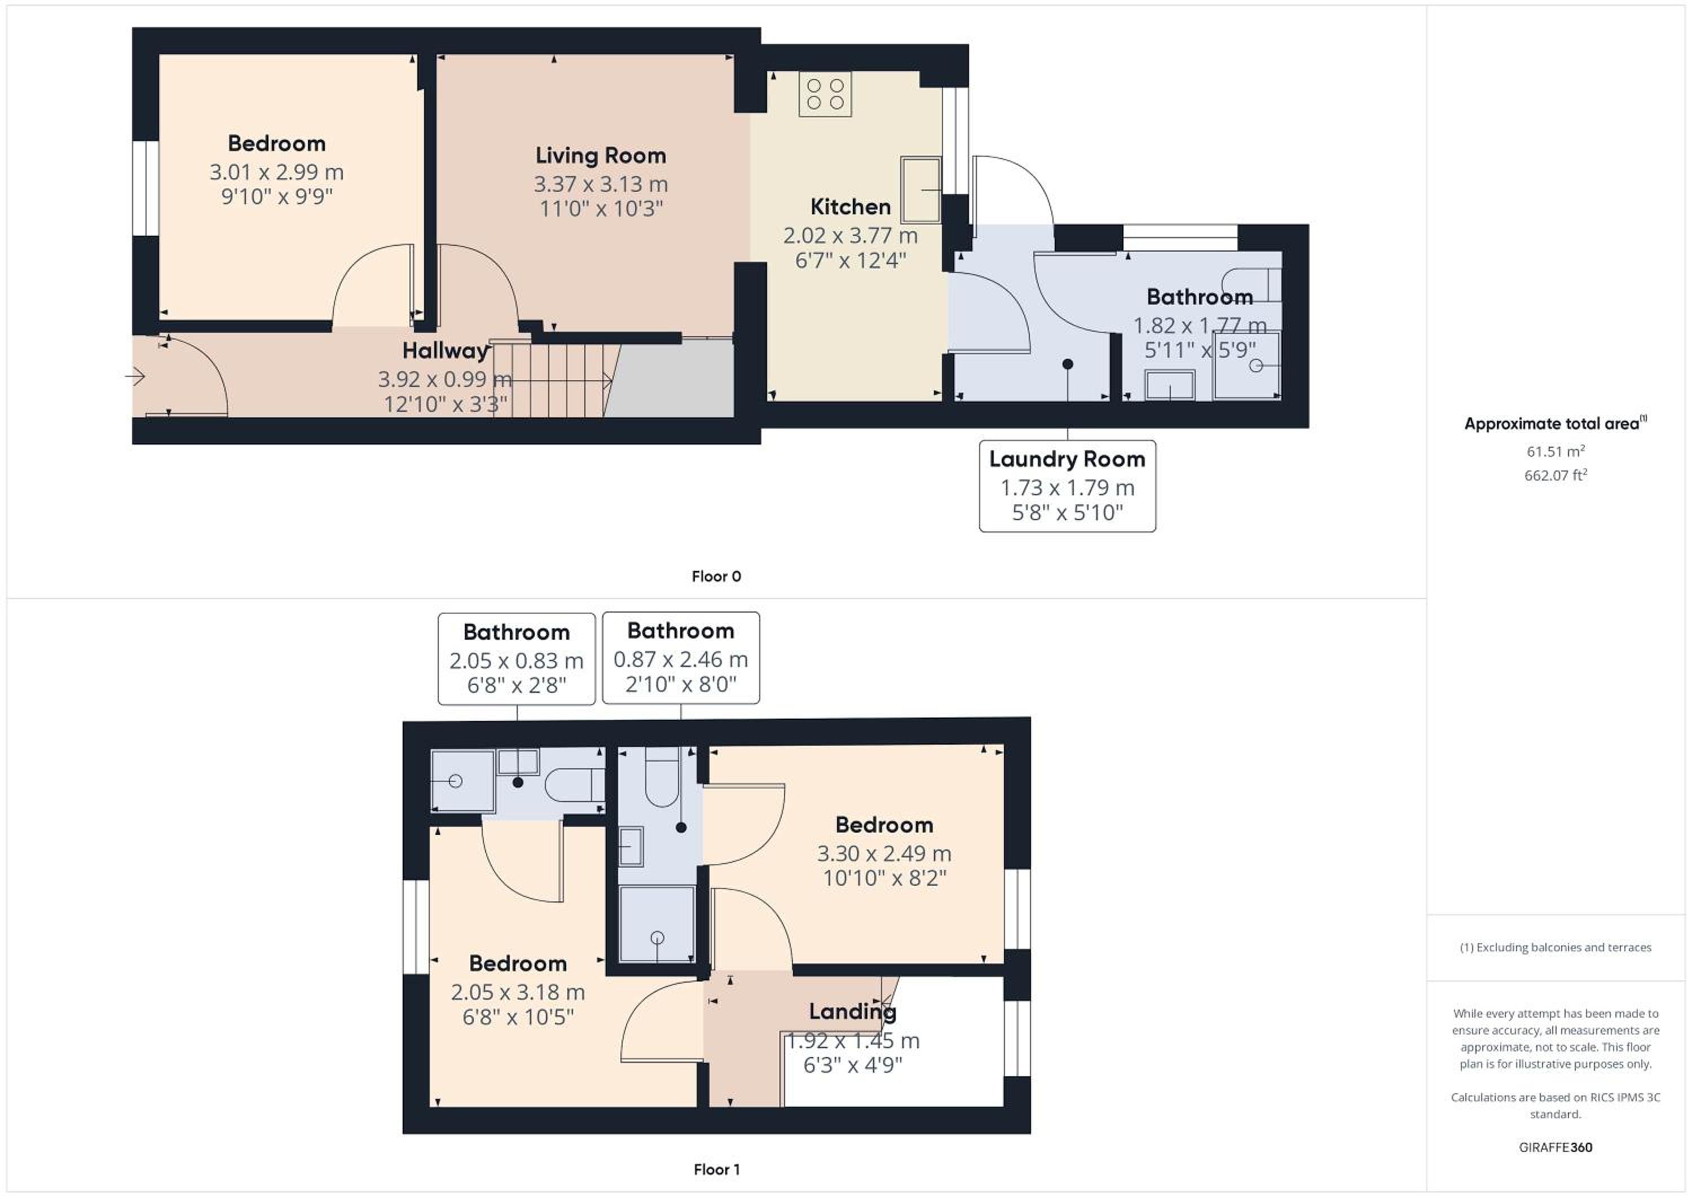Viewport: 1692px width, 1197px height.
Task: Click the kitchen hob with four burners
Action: [x=825, y=94]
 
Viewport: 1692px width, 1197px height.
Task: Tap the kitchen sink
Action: [x=920, y=190]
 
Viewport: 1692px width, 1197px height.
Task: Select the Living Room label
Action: [x=601, y=156]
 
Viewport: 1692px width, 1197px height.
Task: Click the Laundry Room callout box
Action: [x=1067, y=486]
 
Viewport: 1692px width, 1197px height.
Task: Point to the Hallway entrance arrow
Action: [x=135, y=377]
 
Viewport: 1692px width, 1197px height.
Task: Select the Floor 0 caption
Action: [x=716, y=577]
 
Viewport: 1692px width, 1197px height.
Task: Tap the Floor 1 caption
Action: [x=716, y=1169]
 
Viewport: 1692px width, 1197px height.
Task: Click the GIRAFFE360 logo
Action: [x=1556, y=1147]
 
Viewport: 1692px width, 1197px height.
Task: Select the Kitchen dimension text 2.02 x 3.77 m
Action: [x=851, y=236]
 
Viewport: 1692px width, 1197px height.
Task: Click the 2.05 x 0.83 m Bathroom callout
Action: [x=517, y=659]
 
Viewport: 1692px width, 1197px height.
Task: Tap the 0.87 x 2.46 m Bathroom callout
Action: [x=681, y=658]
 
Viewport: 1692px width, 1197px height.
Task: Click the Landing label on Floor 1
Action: [x=853, y=1011]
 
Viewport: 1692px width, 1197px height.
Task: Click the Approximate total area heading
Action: [x=1556, y=423]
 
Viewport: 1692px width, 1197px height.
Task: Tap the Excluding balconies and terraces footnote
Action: [x=1556, y=947]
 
